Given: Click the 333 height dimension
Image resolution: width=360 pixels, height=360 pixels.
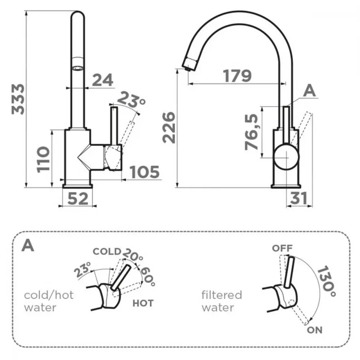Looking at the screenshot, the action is point(18,99).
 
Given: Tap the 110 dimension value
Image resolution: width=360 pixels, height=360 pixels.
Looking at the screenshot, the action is point(43,159).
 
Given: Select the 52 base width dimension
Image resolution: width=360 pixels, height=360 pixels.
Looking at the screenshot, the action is point(78,199).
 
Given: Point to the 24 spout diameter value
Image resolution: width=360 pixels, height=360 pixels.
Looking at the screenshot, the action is point(103,80).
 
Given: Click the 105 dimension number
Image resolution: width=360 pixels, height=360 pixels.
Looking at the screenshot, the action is point(144,172).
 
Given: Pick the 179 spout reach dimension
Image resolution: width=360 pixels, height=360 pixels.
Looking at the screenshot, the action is point(237,76).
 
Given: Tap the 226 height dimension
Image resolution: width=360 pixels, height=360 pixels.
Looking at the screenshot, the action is point(169,127).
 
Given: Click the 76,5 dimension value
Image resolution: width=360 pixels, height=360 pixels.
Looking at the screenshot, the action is point(251,132).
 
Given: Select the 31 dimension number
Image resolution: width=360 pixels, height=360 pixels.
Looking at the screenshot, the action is point(298,198).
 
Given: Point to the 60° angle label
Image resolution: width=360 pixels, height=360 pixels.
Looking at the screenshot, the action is point(147,277).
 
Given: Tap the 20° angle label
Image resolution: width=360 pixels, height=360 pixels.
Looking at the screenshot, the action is point(133,255).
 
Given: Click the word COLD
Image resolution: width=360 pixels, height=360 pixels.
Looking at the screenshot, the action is point(107,251).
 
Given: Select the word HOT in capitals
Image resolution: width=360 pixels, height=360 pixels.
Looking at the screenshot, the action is point(143,303).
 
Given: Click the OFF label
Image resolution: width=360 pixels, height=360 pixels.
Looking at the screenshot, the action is point(282,248).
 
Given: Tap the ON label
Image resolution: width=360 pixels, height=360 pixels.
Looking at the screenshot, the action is point(315,330).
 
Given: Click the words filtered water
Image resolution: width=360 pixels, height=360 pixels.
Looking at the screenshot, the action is point(221,301).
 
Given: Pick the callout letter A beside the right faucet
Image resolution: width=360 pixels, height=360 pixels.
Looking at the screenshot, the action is point(309,91).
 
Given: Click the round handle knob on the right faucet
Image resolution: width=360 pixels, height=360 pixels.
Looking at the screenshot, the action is point(287,157).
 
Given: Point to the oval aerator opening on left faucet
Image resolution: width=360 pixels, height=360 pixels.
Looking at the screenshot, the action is point(78,68).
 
